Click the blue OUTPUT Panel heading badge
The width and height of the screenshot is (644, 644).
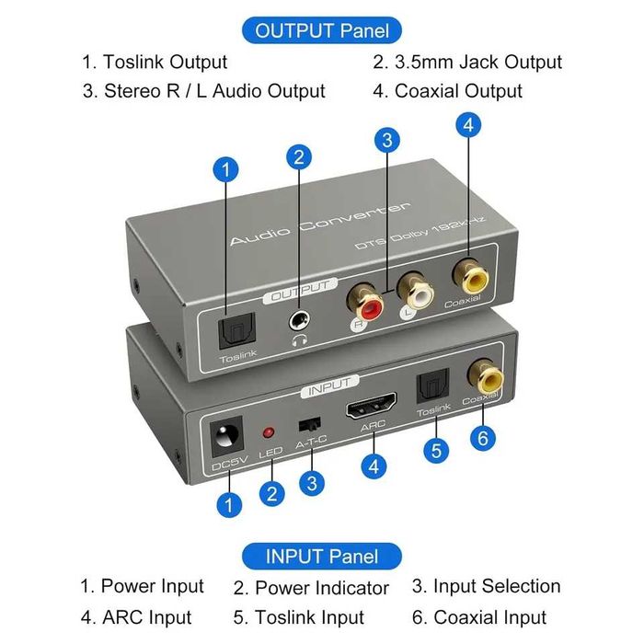322,30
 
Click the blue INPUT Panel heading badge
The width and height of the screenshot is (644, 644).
322,557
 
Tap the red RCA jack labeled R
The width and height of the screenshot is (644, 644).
361,302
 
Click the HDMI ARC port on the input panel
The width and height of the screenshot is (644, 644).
372,411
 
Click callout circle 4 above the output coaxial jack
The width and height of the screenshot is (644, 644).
468,126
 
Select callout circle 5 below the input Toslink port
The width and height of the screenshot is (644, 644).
437,451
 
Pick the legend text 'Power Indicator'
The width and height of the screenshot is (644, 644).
321,588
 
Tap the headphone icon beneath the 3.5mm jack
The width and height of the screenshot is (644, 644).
299,340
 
